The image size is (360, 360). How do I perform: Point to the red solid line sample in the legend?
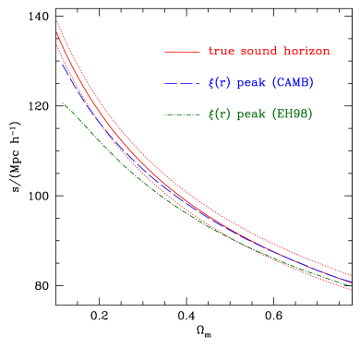tap(182, 52)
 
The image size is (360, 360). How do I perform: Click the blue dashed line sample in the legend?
tap(182, 83)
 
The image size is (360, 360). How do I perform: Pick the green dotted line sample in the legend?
tap(182, 114)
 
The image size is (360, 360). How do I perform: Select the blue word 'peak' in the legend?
tap(252, 84)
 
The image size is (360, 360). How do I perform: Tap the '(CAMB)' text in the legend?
tap(293, 83)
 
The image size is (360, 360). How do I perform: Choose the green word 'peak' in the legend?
tap(252, 115)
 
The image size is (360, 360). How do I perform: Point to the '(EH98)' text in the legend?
tap(293, 114)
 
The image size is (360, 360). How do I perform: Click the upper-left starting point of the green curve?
tap(62, 102)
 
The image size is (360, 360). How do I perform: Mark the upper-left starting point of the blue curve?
tap(62, 63)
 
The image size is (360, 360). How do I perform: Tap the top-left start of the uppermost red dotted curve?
tap(55, 18)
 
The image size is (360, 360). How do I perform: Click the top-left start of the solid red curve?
tap(55, 30)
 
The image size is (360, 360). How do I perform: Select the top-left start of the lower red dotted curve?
tap(56, 43)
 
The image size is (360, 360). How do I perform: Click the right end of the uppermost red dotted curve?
tap(353, 273)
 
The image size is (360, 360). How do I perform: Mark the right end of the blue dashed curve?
tap(353, 282)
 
